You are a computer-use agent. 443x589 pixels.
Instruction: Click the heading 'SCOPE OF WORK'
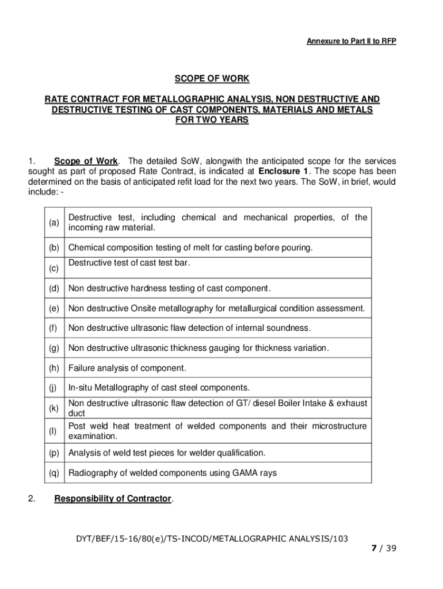(212, 79)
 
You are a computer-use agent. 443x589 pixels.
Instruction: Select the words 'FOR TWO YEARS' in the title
(212, 120)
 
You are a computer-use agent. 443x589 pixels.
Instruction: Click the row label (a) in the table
(54, 223)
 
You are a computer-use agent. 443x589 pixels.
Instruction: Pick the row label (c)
(54, 268)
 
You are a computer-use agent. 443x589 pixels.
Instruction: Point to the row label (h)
(54, 368)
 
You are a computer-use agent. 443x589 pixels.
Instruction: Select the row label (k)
(54, 408)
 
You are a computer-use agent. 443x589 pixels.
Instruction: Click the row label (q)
(54, 473)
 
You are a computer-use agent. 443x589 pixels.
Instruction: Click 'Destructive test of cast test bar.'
(129, 263)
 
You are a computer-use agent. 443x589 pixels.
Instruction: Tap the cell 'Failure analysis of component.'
(127, 368)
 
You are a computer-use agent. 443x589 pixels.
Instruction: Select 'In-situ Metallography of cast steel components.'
(159, 388)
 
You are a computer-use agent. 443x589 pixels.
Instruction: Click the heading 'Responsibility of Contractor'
(113, 499)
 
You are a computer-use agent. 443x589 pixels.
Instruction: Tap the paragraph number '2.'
(32, 499)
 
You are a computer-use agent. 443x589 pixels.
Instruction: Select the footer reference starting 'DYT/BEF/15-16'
(212, 538)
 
